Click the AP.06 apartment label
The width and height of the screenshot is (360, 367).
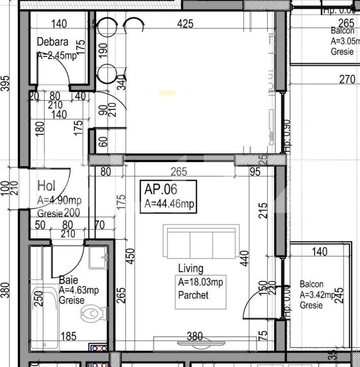[161, 190]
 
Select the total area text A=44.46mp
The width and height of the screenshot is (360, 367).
[169, 204]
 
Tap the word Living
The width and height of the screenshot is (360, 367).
[190, 268]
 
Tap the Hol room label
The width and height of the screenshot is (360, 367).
[46, 187]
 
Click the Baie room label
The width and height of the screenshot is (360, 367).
[68, 280]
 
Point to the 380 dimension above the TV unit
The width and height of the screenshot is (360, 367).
[195, 336]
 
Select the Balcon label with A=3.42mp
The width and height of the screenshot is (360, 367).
[311, 284]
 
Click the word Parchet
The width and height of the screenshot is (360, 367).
[193, 295]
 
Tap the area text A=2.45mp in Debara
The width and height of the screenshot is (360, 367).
[57, 56]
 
